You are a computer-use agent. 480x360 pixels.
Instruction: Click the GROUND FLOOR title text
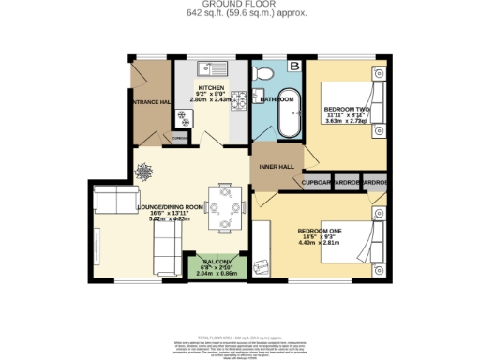[240, 5]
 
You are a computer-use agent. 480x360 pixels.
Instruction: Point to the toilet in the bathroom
[266, 75]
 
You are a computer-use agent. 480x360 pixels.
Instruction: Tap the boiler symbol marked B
[294, 66]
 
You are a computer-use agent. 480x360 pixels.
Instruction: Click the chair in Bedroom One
[262, 267]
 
